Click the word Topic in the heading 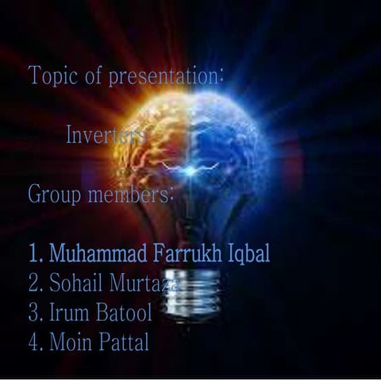point(50,76)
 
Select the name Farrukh point(187,254)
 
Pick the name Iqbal point(248,254)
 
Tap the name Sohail point(76,283)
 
